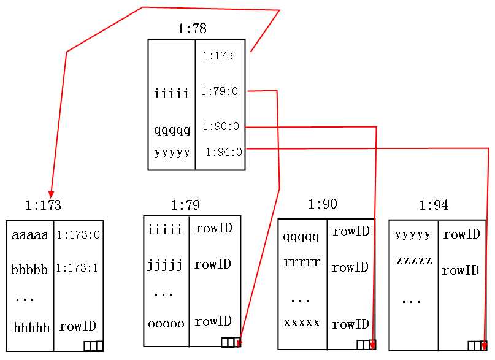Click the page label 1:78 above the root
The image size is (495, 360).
[192, 28]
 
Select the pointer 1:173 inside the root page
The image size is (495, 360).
[218, 56]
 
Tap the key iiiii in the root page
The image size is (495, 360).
[172, 94]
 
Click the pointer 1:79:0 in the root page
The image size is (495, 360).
[220, 91]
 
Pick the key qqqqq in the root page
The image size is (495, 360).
[172, 129]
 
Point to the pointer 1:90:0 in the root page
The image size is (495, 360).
[221, 126]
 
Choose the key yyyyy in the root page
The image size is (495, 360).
[172, 152]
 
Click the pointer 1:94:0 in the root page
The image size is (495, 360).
[224, 151]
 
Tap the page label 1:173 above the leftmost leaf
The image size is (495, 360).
[43, 205]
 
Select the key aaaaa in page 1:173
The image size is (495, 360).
[30, 235]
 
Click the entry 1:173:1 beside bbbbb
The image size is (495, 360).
[77, 268]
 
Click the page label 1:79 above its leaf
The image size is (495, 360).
[185, 205]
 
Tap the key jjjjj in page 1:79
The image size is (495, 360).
[165, 266]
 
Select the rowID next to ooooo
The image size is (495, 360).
[213, 321]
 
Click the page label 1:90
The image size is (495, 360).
[323, 204]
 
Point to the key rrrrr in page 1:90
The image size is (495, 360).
[302, 262]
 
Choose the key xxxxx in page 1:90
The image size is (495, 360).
[302, 322]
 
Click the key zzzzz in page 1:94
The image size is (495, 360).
[414, 260]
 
